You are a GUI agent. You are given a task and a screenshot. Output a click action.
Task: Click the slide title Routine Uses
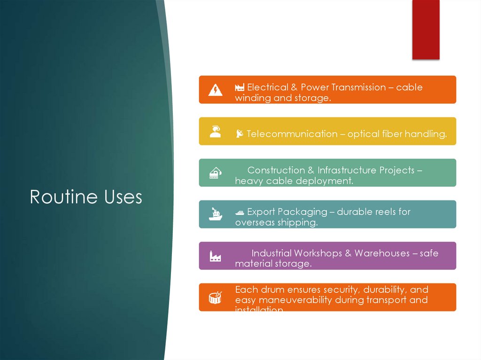[x=86, y=197]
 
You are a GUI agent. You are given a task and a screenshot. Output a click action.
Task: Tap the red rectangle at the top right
[x=426, y=29]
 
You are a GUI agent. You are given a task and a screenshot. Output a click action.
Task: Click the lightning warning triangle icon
[x=215, y=90]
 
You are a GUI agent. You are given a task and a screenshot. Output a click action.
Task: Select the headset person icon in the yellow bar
[x=215, y=131]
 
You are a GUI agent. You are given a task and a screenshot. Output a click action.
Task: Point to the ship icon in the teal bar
[x=215, y=214]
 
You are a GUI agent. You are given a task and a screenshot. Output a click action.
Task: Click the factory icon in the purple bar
[x=215, y=256]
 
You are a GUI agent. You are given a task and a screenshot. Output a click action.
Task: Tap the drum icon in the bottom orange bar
[x=215, y=298]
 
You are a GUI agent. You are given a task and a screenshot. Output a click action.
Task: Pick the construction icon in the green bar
[x=215, y=173]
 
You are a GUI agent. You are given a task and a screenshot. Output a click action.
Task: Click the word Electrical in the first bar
[x=268, y=87]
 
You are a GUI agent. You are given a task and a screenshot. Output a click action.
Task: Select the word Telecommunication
[x=292, y=134]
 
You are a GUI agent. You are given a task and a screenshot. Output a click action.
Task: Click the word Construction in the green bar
[x=276, y=170]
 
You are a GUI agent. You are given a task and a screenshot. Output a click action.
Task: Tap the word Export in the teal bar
[x=261, y=212]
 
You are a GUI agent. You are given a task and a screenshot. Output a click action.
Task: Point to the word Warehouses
[x=382, y=253]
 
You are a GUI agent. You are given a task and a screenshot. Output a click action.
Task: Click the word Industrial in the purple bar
[x=272, y=253]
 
